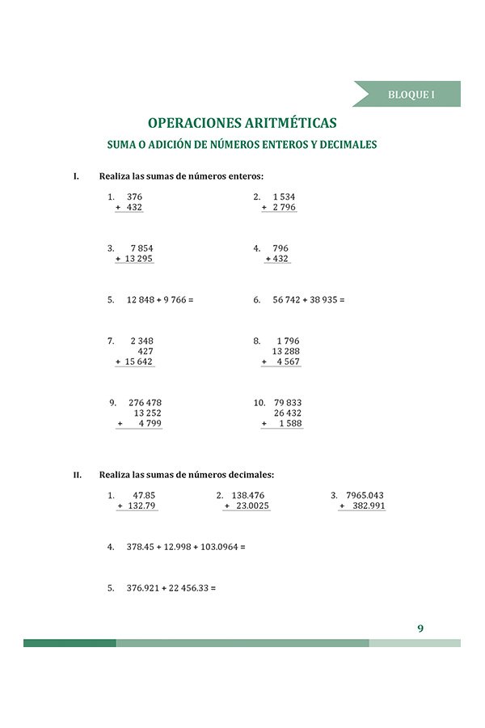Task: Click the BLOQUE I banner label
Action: pos(411,95)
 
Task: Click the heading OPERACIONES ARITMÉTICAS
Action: pos(242,123)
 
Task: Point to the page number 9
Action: pos(420,628)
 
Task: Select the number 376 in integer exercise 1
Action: pos(134,197)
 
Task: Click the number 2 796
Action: pos(284,208)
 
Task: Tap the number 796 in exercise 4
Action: pos(280,248)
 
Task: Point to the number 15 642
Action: pos(138,362)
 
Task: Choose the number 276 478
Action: pos(145,402)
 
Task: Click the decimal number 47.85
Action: pos(144,495)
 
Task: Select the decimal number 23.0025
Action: pos(251,506)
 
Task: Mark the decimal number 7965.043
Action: pos(364,495)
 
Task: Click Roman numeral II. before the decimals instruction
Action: pos(78,475)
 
